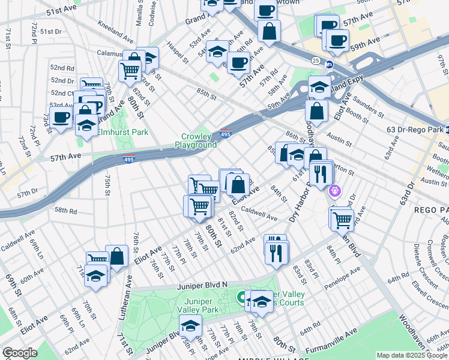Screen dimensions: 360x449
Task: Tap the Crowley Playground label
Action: (196, 141)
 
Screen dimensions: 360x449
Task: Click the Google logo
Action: (20, 353)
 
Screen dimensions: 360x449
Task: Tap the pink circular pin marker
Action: (335, 193)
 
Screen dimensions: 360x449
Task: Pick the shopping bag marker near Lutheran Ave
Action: (117, 256)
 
